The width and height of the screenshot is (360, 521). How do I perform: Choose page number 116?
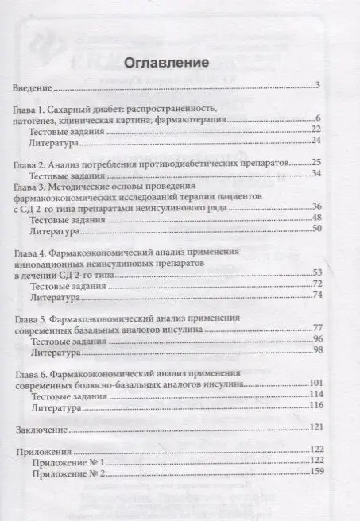tap(312, 406)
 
